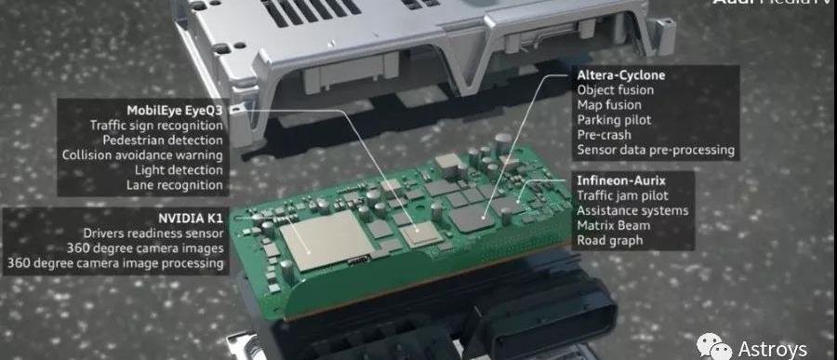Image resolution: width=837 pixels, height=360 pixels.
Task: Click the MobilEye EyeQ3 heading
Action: click(x=175, y=111)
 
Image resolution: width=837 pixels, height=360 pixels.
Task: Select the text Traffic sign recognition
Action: click(x=156, y=126)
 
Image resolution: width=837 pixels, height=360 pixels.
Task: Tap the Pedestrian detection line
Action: click(x=163, y=140)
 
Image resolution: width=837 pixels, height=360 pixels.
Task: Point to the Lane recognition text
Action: click(x=175, y=185)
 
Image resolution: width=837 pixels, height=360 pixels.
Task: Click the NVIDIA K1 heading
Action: click(x=191, y=219)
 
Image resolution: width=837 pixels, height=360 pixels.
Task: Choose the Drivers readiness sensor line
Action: click(x=153, y=233)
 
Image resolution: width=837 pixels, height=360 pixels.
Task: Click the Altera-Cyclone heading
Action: click(x=622, y=75)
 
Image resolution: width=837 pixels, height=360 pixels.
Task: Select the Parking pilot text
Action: click(x=615, y=120)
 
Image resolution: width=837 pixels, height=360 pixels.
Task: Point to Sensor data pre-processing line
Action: click(x=656, y=151)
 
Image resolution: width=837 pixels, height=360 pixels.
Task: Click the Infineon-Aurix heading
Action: click(x=621, y=181)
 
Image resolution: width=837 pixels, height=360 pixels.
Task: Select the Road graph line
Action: click(x=610, y=241)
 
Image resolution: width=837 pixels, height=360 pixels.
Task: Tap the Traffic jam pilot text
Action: click(x=623, y=196)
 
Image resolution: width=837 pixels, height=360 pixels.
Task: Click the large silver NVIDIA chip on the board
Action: click(x=326, y=240)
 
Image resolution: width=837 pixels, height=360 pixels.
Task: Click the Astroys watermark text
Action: click(x=773, y=350)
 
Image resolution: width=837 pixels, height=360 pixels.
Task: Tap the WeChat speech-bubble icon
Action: click(x=713, y=346)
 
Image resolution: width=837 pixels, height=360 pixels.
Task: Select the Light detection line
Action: click(x=179, y=170)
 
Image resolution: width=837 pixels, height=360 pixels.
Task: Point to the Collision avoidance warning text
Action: click(x=142, y=155)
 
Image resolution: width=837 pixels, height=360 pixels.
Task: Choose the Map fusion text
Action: click(x=609, y=105)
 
